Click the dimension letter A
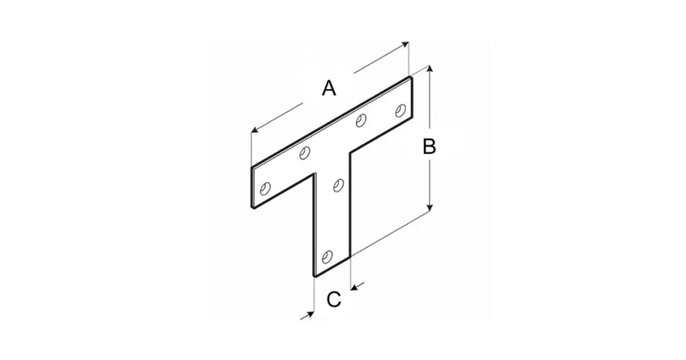click(x=329, y=88)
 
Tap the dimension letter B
click(x=429, y=147)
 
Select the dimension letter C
click(x=333, y=299)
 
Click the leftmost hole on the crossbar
click(x=265, y=189)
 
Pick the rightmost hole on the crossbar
click(x=401, y=110)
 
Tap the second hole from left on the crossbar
click(x=304, y=153)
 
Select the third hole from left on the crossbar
click(x=361, y=120)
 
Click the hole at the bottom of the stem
click(x=327, y=257)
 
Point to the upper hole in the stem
click(x=338, y=186)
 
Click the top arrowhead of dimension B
click(x=430, y=68)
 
